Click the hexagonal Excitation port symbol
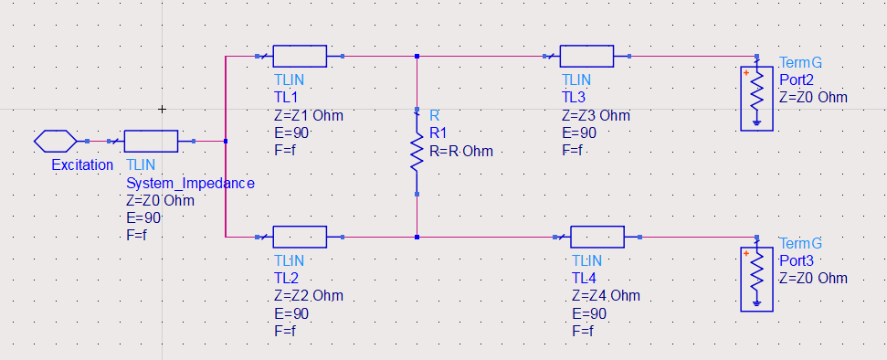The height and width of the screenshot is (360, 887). pos(55,142)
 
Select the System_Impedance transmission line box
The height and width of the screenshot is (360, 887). pos(151,142)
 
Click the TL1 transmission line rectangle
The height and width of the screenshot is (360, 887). pos(300,56)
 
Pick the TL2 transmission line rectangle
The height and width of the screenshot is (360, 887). pos(300,238)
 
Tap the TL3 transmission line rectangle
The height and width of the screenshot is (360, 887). pos(587,56)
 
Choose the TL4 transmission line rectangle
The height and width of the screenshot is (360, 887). pos(597,238)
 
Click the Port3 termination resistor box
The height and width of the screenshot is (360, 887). pos(756,277)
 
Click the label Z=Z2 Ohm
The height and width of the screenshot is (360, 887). pos(308,296)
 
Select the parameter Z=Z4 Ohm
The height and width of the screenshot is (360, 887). pos(605,295)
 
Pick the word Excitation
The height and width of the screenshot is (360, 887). pos(82,165)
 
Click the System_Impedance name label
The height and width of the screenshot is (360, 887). pos(189,184)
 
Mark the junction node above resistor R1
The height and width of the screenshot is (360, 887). pos(417,56)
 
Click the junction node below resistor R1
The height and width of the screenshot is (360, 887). pos(417,238)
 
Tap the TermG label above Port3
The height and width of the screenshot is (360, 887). pos(800,243)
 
